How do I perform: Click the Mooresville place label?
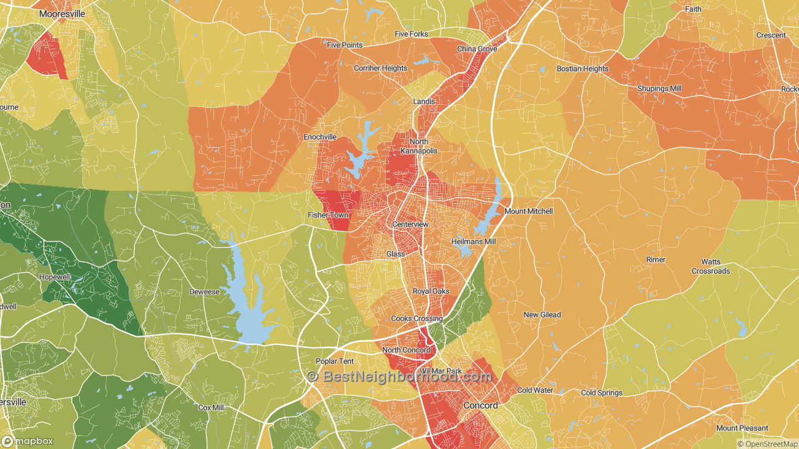62,13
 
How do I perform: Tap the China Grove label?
477,49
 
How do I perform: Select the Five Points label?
345,45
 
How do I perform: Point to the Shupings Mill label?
659,89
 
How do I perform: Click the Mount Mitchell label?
528,211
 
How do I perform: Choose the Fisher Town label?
328,215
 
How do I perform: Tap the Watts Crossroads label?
710,267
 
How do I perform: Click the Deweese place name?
204,292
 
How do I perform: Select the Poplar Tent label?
335,362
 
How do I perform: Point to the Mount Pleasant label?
743,428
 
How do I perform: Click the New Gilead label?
542,315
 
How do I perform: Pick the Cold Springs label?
601,393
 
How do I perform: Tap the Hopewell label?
56,277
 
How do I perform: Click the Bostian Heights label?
582,69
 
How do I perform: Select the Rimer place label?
655,259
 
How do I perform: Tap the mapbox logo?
28,441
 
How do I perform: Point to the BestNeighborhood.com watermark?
399,377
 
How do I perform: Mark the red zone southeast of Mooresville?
47,55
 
